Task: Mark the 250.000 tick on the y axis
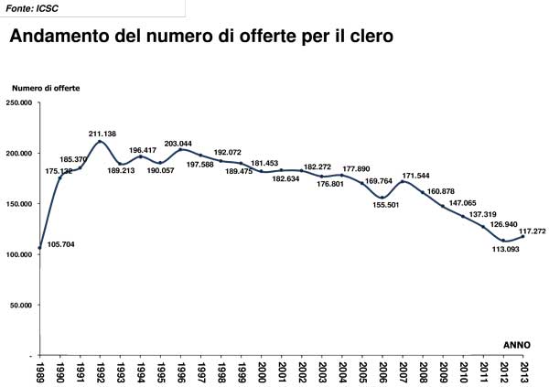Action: pos(19,103)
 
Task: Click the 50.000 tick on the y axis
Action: pos(21,305)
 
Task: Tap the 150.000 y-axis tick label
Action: pos(19,204)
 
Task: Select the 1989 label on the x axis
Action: pos(40,371)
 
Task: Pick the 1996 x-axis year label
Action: pos(182,371)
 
